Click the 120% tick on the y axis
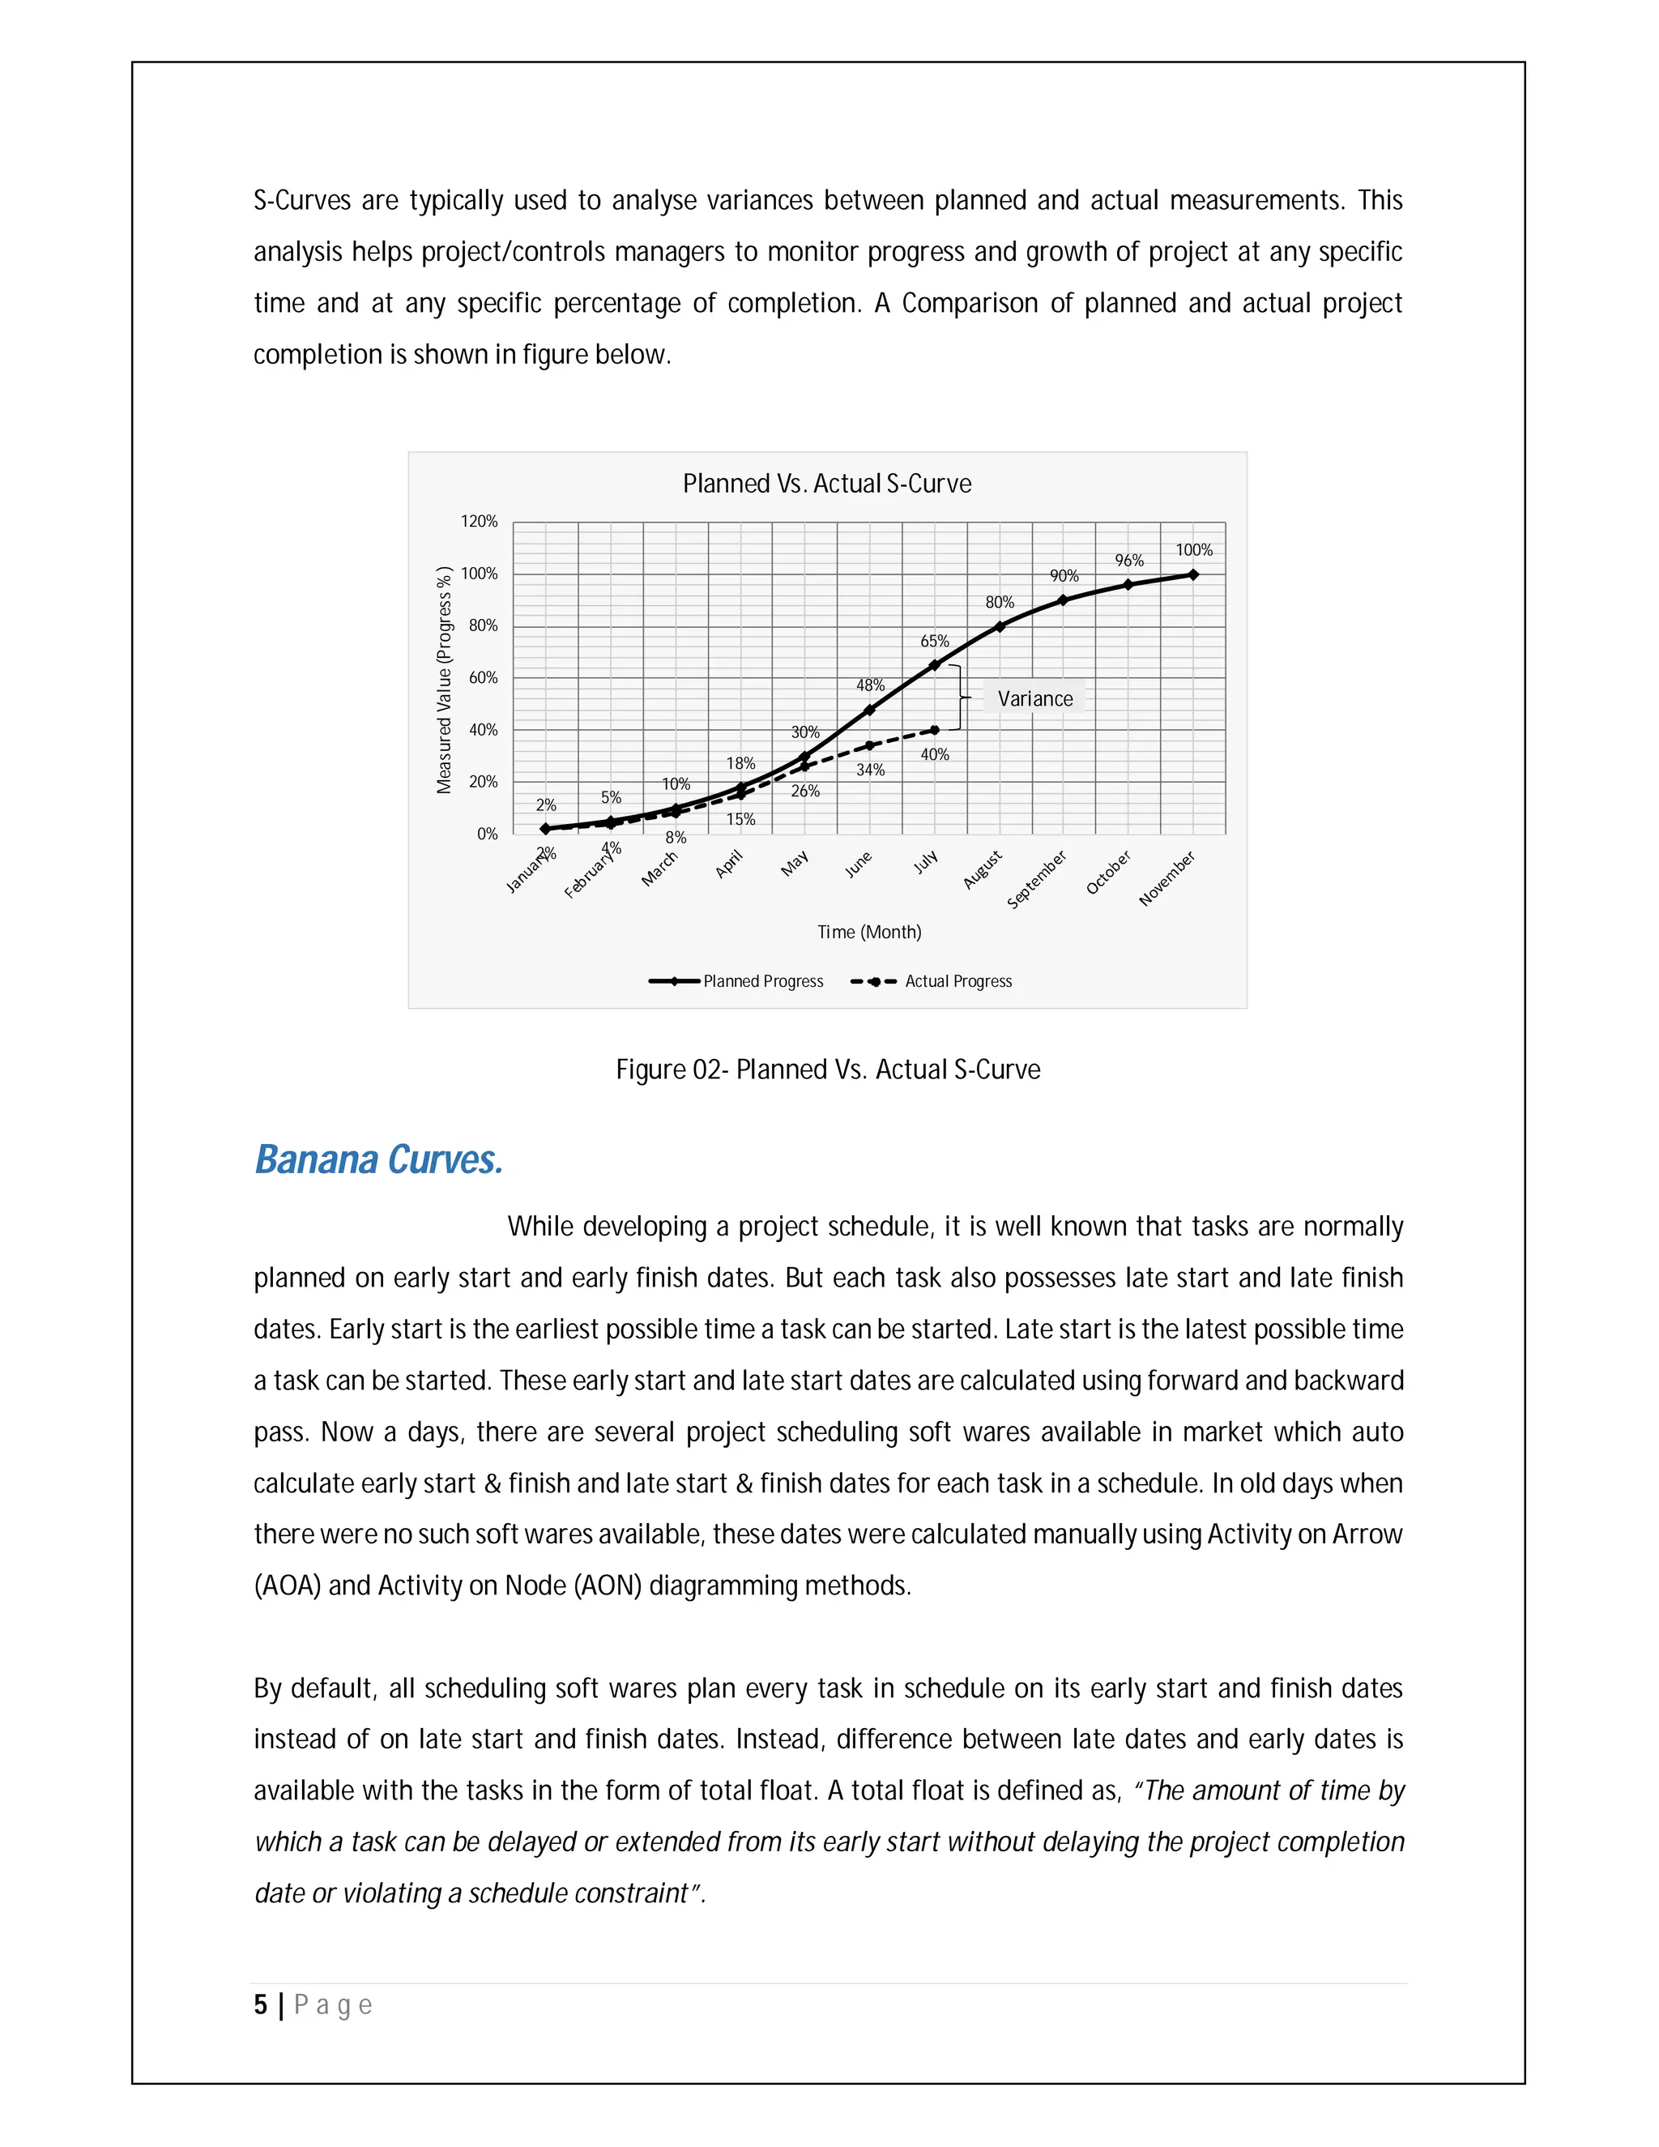(x=480, y=521)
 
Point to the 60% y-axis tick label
(x=483, y=677)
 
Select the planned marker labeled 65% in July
(x=935, y=665)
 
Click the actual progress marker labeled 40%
(x=935, y=731)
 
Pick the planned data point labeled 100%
(x=1193, y=574)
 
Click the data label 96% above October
(x=1128, y=561)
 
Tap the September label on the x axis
(x=1037, y=880)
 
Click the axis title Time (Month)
(x=869, y=932)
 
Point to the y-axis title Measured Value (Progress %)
(x=444, y=681)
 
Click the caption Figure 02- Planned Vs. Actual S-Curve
(x=828, y=1069)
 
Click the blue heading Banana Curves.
(x=378, y=1160)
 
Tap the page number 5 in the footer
(x=261, y=2004)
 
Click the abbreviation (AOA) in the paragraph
(x=287, y=1586)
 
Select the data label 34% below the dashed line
(x=870, y=770)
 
